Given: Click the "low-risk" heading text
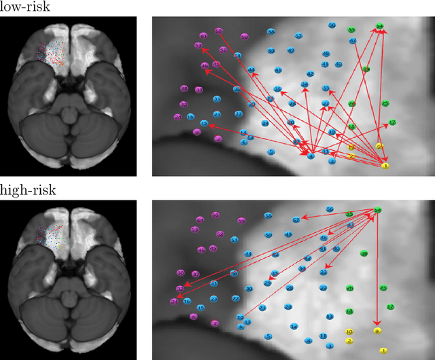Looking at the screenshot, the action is [27, 7].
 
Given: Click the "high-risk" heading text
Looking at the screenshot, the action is [28, 191].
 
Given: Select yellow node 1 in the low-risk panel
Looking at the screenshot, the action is [385, 165].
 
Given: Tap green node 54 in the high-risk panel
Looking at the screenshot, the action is [378, 211].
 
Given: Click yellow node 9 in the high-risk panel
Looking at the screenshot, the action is [377, 331].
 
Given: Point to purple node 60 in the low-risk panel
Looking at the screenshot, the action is [218, 31].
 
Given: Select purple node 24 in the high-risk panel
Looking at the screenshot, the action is [173, 302].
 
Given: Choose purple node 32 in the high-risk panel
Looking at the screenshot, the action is [180, 289].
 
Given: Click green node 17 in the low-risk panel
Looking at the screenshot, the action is [391, 122].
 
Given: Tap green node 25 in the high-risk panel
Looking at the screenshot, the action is [383, 288].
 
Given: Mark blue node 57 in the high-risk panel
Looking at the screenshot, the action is [296, 220].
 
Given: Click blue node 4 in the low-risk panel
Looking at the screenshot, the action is [311, 156].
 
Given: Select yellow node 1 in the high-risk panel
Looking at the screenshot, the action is [383, 350].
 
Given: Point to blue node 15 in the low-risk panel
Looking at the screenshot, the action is [204, 124].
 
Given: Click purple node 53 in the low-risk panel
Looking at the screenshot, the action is [198, 46].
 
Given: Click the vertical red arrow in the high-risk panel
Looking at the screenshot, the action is [378, 272].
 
